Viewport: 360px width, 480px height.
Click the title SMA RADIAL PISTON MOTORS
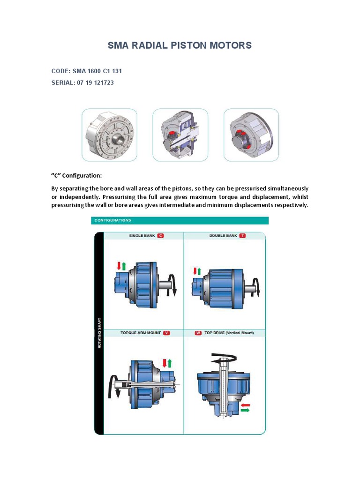[x=180, y=45]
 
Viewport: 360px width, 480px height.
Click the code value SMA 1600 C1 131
[x=97, y=71]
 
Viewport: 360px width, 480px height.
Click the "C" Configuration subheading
[x=76, y=175]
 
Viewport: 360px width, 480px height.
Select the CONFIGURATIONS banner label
[x=113, y=220]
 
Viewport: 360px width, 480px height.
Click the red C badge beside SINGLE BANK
[x=160, y=236]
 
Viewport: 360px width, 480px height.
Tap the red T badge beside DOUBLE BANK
[x=242, y=236]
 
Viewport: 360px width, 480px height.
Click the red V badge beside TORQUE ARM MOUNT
[x=166, y=333]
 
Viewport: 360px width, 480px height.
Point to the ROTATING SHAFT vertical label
[x=98, y=333]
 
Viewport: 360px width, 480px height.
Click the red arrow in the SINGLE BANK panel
[x=118, y=266]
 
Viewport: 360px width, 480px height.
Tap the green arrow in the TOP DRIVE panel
[x=245, y=410]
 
